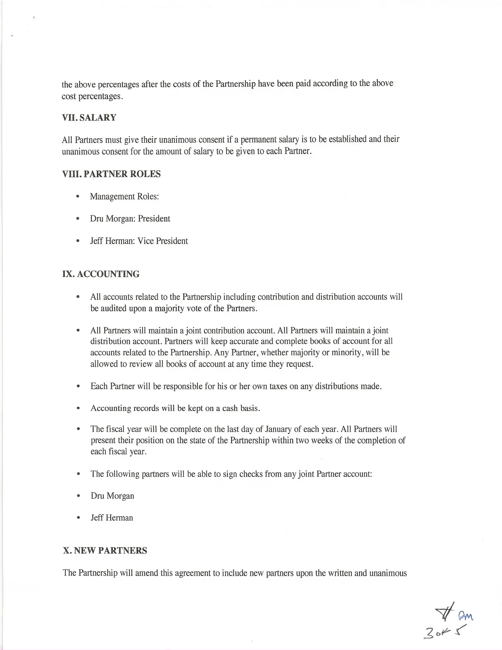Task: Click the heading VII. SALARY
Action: point(89,118)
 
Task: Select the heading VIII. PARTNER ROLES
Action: point(111,174)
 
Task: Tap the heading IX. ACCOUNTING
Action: point(101,274)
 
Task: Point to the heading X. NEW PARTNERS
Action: point(105,551)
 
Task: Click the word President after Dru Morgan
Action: point(154,219)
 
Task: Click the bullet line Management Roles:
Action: point(124,196)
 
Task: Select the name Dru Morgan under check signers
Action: point(113,496)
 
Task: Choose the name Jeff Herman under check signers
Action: point(112,518)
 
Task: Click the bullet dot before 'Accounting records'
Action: point(78,408)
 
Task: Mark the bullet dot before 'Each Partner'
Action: point(78,386)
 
